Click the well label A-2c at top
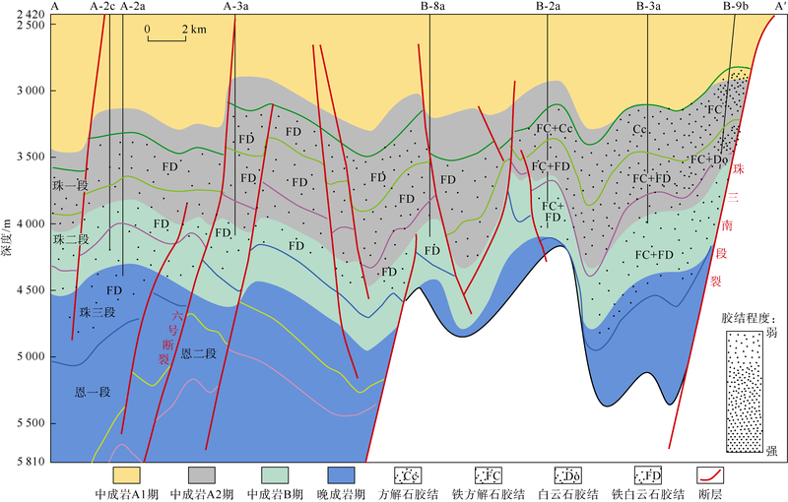[x=102, y=7]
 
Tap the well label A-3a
[x=236, y=7]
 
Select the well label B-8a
[x=431, y=7]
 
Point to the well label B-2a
[x=549, y=7]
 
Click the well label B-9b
[x=735, y=7]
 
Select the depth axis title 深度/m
[x=8, y=240]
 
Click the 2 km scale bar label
[x=193, y=30]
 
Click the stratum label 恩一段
[x=94, y=391]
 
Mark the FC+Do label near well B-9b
[x=708, y=158]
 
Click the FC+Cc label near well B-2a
[x=553, y=129]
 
